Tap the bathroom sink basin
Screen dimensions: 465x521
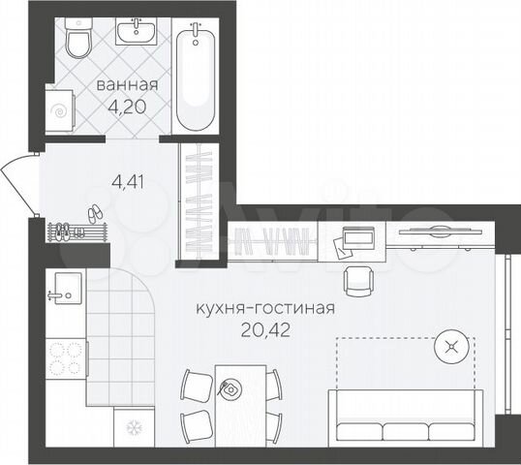139,35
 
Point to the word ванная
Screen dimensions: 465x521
126,86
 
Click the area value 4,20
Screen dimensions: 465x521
126,106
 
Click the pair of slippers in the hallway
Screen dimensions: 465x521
94,213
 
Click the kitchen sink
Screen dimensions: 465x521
65,287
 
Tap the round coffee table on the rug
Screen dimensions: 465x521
449,344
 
